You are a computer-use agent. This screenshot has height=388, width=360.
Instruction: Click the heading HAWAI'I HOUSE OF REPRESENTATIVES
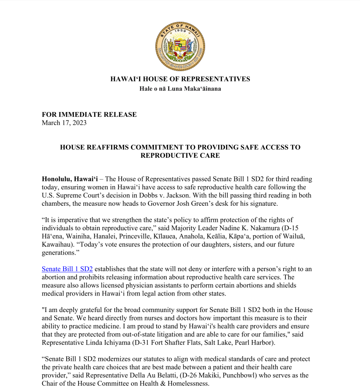coord(180,79)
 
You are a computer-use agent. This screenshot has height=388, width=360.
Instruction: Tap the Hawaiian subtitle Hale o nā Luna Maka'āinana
coord(180,89)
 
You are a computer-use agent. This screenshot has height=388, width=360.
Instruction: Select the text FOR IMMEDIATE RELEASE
coord(89,115)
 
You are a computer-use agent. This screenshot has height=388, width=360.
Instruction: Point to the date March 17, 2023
coord(64,123)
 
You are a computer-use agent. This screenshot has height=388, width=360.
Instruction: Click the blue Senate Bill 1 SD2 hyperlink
coord(67,269)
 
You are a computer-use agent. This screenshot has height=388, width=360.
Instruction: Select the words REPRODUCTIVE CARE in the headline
coord(180,156)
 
